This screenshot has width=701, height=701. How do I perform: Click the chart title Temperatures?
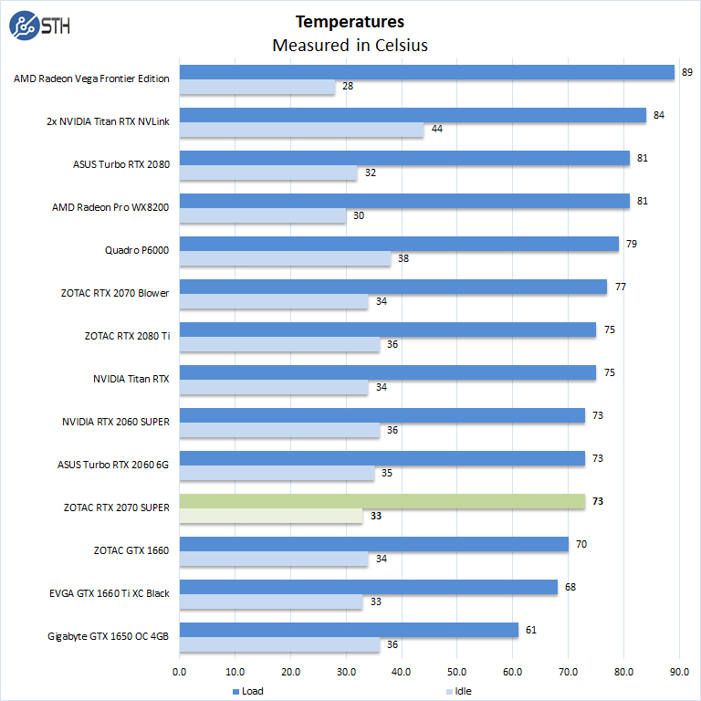[x=350, y=22]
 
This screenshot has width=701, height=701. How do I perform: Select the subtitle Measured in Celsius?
[x=350, y=45]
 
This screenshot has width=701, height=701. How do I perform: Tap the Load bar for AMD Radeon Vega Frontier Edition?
[x=426, y=72]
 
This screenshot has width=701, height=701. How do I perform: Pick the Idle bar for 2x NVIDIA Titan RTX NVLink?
[x=301, y=130]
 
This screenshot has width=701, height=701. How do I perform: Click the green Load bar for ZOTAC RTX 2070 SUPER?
[x=382, y=501]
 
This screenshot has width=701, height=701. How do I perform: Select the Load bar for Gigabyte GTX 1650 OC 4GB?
[x=349, y=630]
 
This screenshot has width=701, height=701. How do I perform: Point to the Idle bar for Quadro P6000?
[x=285, y=258]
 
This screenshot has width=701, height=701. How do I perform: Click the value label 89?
[x=686, y=72]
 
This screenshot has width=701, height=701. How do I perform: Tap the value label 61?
[x=531, y=630]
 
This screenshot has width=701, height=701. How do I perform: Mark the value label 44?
[x=437, y=130]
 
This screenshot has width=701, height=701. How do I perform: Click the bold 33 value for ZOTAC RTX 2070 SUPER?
[x=376, y=516]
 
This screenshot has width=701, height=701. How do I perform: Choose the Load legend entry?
[x=246, y=691]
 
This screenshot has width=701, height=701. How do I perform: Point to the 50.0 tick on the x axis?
[x=457, y=672]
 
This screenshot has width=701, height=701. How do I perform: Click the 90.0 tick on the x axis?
[x=680, y=672]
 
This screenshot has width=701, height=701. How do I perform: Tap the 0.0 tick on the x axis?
[x=180, y=672]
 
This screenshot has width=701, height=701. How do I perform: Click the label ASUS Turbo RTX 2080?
[x=120, y=164]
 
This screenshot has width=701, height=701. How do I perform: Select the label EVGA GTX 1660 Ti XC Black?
[x=110, y=593]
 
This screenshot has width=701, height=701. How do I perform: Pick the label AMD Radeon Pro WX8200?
[x=110, y=207]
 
